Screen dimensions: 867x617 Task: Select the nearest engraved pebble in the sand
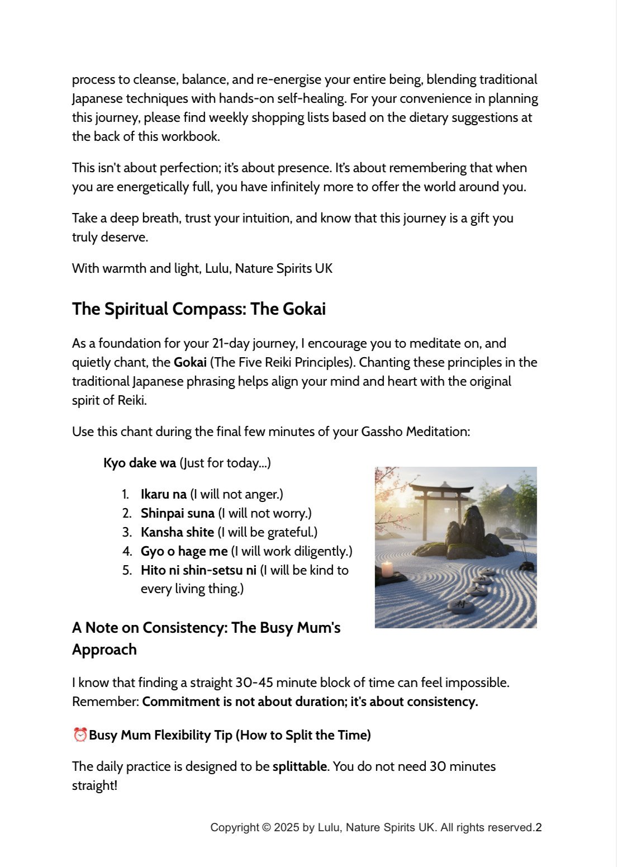click(x=461, y=605)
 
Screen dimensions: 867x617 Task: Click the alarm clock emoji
click(x=80, y=735)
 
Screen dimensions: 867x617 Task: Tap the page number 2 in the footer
click(x=539, y=828)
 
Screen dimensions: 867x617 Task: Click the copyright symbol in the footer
click(x=267, y=828)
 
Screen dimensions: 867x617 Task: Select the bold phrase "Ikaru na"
click(x=163, y=494)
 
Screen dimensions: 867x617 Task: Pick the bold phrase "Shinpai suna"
click(x=177, y=513)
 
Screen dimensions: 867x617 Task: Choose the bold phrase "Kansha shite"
click(x=177, y=532)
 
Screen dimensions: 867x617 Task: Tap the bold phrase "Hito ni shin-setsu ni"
click(x=198, y=570)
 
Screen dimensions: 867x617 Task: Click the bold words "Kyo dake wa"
click(x=139, y=463)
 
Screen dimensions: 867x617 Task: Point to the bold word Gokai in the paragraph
click(x=190, y=362)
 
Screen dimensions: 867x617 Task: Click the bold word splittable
click(x=300, y=766)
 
